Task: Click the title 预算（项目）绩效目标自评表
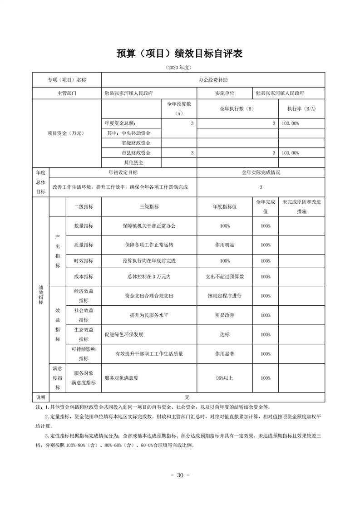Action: tap(180, 54)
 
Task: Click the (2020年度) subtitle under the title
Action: tap(180, 68)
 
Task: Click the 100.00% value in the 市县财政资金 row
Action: tap(291, 153)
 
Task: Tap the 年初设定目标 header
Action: tap(123, 173)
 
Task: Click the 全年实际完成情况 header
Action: tap(261, 173)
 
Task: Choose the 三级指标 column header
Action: tap(149, 206)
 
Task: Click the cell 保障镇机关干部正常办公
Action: tap(149, 226)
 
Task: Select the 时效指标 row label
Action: tap(84, 261)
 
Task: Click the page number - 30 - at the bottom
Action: tap(180, 475)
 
